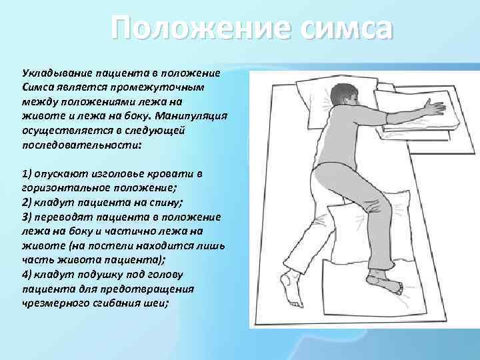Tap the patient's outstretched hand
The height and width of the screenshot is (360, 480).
pos(433,107)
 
